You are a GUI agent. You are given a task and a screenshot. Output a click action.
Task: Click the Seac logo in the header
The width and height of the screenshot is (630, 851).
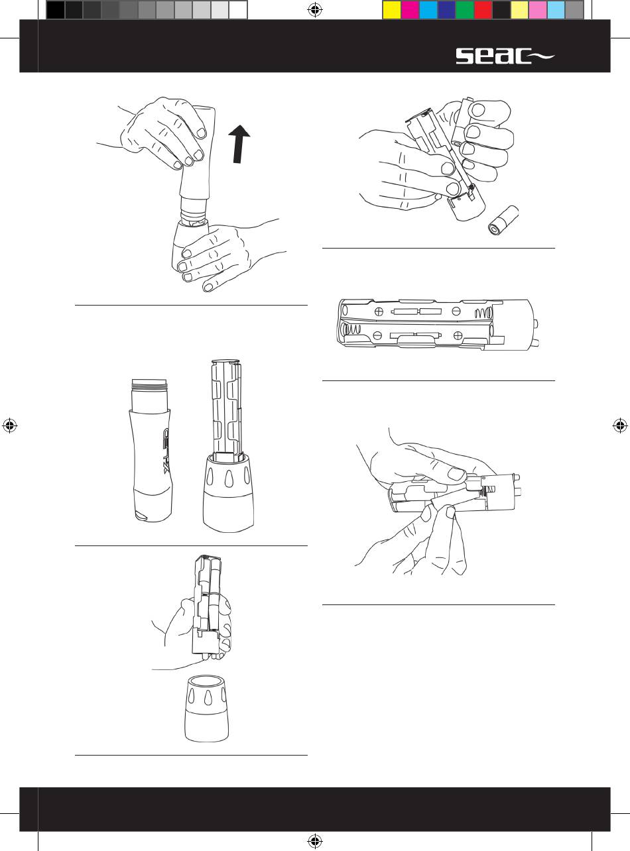tap(505, 56)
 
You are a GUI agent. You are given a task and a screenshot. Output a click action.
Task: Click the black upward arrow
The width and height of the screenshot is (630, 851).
tap(239, 144)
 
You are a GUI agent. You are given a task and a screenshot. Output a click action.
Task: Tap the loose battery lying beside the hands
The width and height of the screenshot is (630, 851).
tap(503, 220)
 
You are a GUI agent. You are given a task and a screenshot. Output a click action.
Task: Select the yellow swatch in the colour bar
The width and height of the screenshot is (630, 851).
tap(391, 9)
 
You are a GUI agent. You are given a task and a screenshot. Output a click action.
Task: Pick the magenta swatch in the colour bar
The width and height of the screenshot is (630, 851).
tap(410, 9)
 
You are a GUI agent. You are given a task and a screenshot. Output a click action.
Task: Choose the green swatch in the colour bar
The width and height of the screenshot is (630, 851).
tap(464, 9)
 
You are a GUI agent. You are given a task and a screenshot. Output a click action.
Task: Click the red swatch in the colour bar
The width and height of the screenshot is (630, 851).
tap(483, 9)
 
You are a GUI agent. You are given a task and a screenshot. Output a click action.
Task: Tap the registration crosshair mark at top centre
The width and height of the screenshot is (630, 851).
tap(315, 10)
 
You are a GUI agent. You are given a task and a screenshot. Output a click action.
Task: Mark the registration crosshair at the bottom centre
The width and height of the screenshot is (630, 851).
tap(315, 841)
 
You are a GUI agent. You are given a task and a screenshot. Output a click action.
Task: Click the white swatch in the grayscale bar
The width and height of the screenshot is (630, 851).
tap(238, 9)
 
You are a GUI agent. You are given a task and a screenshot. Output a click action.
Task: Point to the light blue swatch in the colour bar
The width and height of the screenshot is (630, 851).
tap(556, 9)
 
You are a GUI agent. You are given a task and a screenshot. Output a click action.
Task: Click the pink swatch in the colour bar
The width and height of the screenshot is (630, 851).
tap(537, 9)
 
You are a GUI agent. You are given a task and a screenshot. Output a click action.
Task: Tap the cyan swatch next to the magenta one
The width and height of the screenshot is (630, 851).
tap(428, 9)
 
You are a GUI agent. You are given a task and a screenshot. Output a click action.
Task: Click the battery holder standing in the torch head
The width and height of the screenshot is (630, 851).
tap(227, 409)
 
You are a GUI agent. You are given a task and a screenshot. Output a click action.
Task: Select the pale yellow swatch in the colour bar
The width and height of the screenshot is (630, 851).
tap(519, 9)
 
